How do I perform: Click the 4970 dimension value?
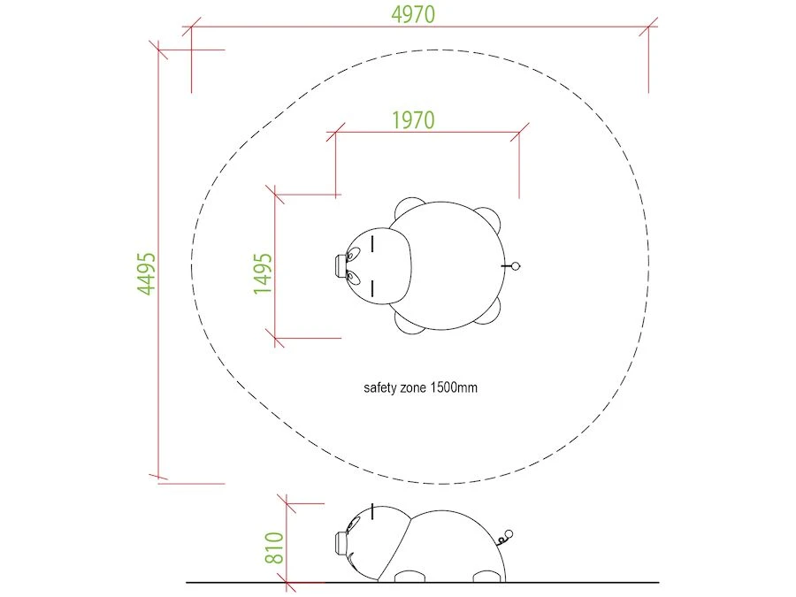coord(413,14)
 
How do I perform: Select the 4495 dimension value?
coord(147,273)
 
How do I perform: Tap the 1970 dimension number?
coord(413,120)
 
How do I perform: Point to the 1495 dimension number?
coord(263,273)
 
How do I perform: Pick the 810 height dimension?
coord(274,547)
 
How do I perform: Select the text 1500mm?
coord(454,388)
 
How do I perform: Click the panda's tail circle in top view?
coord(516,266)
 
